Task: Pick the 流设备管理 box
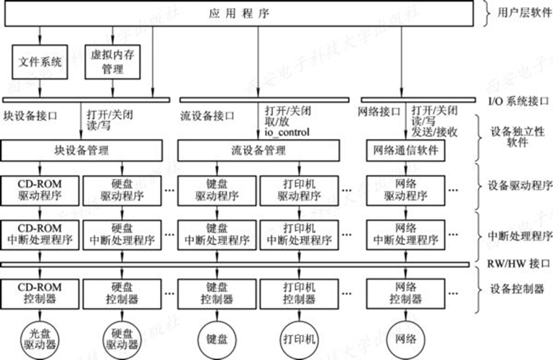(258, 151)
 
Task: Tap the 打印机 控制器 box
(300, 293)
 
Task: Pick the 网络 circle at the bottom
(406, 338)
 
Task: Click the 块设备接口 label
(30, 115)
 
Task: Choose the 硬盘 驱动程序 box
(119, 190)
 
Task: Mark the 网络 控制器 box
(405, 293)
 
